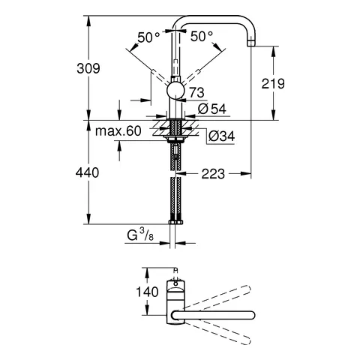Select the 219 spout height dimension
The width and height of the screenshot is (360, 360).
272,83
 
